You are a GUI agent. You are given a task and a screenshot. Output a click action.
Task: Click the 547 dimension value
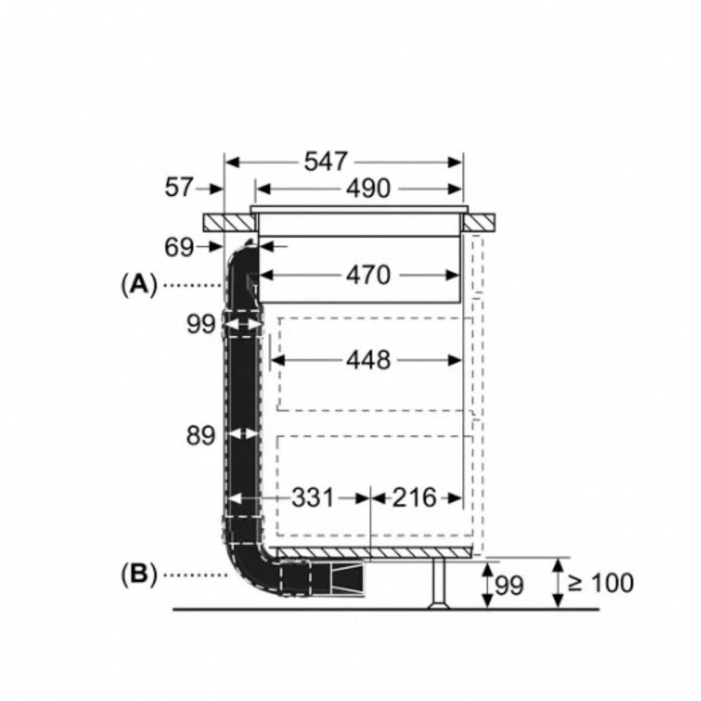tap(325, 162)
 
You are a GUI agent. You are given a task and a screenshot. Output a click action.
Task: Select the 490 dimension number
tap(368, 189)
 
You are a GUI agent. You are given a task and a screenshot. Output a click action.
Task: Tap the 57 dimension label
tap(178, 188)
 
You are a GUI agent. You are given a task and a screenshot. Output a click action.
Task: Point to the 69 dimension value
tap(179, 247)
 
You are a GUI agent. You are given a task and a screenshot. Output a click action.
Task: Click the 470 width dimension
tap(368, 275)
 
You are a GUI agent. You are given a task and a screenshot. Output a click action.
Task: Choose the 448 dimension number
tap(368, 360)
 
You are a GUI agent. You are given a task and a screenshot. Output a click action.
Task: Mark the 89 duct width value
tap(200, 435)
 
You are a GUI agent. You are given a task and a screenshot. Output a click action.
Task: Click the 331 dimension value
tap(313, 498)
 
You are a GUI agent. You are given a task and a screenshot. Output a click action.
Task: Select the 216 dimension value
tap(414, 498)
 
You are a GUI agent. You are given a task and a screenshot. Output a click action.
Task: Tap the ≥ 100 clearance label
tap(601, 583)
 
